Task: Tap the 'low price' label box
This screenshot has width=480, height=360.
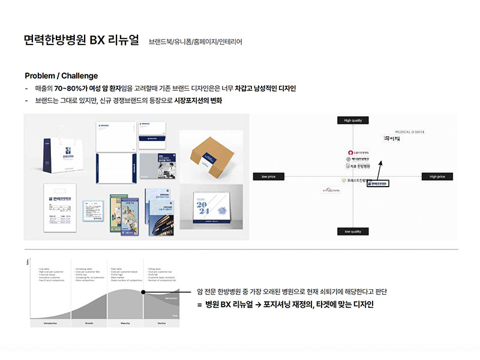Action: click(268, 176)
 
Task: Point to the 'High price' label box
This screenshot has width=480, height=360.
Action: click(437, 176)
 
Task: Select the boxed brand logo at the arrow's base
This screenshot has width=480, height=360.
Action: click(377, 183)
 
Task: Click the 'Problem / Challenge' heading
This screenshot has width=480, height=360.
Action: click(61, 76)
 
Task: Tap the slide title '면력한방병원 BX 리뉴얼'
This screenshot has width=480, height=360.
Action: click(82, 41)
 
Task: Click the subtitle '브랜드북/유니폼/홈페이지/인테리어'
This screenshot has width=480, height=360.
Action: click(196, 42)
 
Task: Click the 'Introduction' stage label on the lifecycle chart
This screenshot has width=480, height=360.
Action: click(50, 323)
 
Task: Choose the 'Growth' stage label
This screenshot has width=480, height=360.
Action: click(89, 323)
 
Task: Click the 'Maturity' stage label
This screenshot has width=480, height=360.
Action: click(125, 323)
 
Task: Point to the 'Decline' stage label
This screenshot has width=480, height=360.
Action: click(161, 323)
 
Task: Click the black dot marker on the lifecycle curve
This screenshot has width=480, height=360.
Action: click(143, 292)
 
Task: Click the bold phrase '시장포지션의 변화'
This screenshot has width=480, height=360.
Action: click(199, 100)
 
